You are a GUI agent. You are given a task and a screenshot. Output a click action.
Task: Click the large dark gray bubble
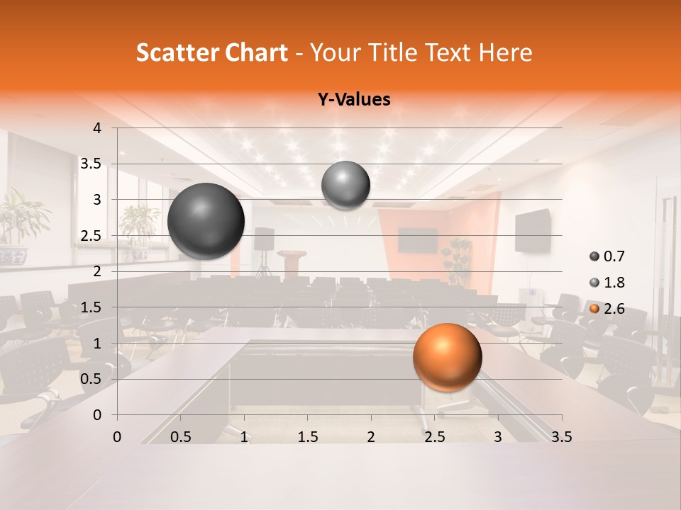(x=206, y=221)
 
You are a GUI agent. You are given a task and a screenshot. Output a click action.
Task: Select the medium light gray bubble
(x=345, y=185)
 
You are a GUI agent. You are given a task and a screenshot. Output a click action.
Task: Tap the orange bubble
(x=447, y=357)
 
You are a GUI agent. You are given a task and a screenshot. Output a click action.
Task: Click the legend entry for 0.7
(x=609, y=256)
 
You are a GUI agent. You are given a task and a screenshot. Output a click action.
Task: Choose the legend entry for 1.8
(x=609, y=283)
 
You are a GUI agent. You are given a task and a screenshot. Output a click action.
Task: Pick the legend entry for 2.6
(x=609, y=309)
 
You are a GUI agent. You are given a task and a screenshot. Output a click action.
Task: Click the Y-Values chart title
(x=354, y=100)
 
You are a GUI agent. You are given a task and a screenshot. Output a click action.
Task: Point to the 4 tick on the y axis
(x=97, y=128)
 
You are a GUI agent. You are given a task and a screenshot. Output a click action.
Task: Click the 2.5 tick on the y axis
(x=91, y=236)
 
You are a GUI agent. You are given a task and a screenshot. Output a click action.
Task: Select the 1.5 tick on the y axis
(x=91, y=307)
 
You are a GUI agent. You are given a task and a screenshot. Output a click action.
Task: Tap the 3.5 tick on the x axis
(x=561, y=437)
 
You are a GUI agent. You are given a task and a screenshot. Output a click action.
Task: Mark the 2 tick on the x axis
(x=371, y=437)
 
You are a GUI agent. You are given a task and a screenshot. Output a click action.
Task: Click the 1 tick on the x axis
(x=244, y=437)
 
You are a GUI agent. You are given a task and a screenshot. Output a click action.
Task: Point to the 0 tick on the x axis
(x=117, y=437)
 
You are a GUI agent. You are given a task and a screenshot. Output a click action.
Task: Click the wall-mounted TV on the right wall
(x=532, y=230)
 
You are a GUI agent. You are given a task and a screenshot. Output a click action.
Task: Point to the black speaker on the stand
(x=264, y=239)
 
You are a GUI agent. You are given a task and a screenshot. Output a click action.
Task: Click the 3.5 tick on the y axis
(x=91, y=164)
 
